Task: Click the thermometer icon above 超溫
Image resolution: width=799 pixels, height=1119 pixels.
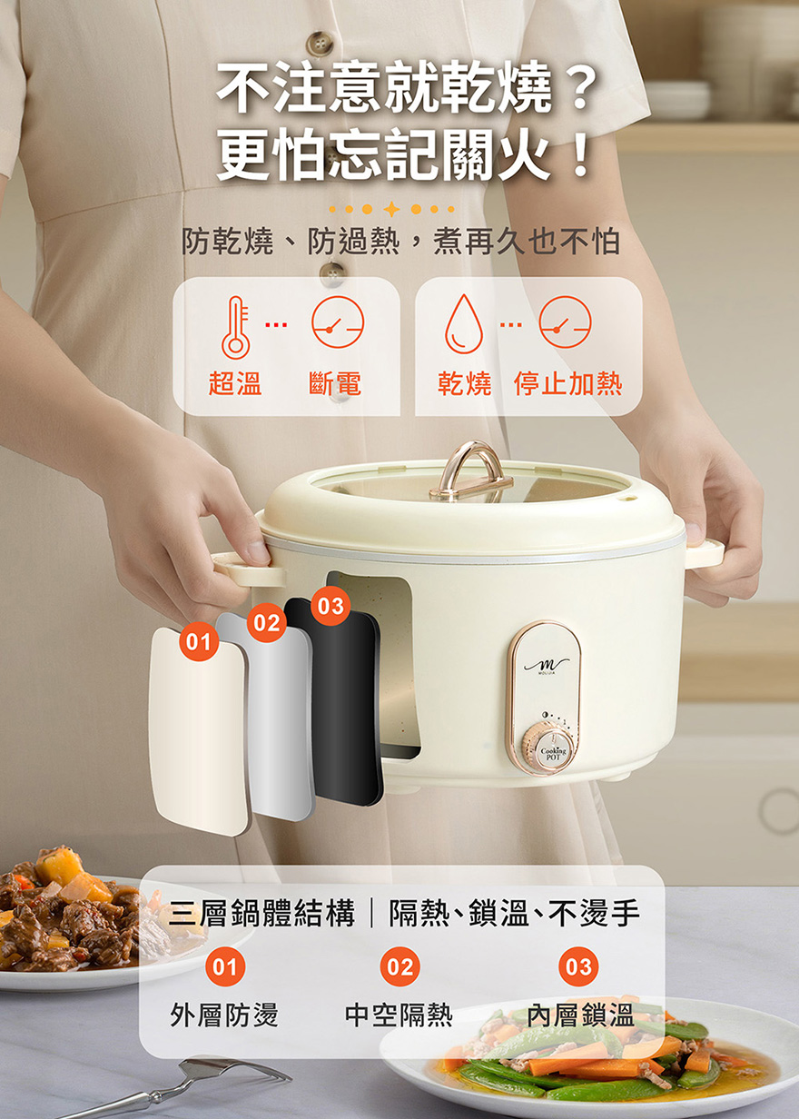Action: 236,327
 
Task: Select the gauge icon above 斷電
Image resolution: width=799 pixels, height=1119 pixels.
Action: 338,322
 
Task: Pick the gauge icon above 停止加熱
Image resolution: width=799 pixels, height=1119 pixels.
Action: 566,322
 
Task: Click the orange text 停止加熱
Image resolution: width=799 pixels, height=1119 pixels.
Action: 567,383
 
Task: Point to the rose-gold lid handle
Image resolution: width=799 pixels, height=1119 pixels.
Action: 470,469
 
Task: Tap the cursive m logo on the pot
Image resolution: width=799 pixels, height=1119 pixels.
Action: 547,666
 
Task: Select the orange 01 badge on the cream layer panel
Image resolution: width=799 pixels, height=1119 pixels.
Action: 199,641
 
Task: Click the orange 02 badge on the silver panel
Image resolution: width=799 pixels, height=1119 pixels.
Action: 267,622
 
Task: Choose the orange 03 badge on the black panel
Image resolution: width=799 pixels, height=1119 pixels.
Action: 330,606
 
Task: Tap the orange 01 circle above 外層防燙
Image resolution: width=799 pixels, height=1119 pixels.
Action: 225,966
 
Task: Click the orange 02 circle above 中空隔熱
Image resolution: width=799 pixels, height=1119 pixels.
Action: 400,966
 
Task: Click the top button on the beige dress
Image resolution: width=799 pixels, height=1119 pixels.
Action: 320,44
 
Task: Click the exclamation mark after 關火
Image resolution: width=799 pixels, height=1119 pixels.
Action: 579,153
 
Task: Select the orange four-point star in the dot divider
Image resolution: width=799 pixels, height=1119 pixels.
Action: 392,209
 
